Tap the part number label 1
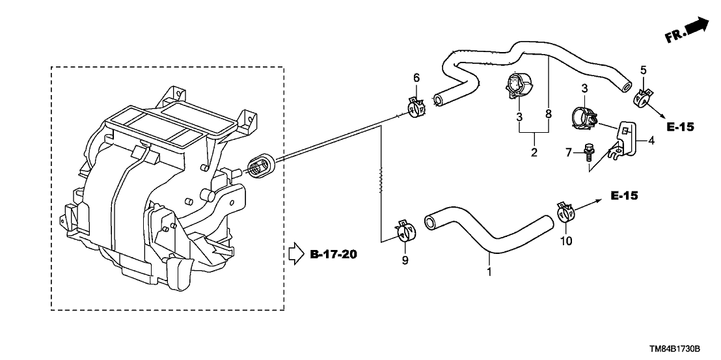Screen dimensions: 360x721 489,268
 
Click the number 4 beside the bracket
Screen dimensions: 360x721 650,139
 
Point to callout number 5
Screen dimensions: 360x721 643,70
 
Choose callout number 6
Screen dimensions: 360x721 416,78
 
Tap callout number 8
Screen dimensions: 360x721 548,115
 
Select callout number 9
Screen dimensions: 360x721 405,261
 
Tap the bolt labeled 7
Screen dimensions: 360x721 589,154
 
